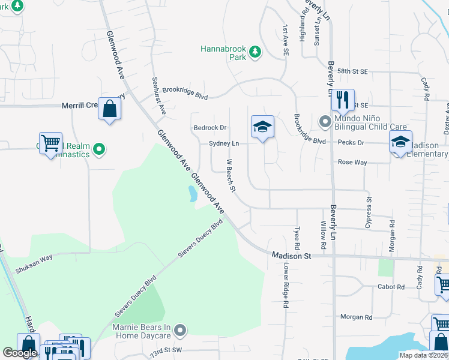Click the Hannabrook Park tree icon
[255, 52]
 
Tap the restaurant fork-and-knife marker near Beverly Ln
[343, 100]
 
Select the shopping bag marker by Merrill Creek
[109, 109]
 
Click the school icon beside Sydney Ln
[262, 127]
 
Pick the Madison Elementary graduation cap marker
[400, 142]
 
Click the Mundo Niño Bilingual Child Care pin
[325, 122]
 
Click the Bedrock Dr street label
[209, 128]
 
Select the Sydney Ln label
[224, 143]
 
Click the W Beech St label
[231, 175]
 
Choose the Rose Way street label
[352, 162]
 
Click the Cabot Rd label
[391, 287]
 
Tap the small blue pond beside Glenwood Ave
[192, 193]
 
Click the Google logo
[20, 353]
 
